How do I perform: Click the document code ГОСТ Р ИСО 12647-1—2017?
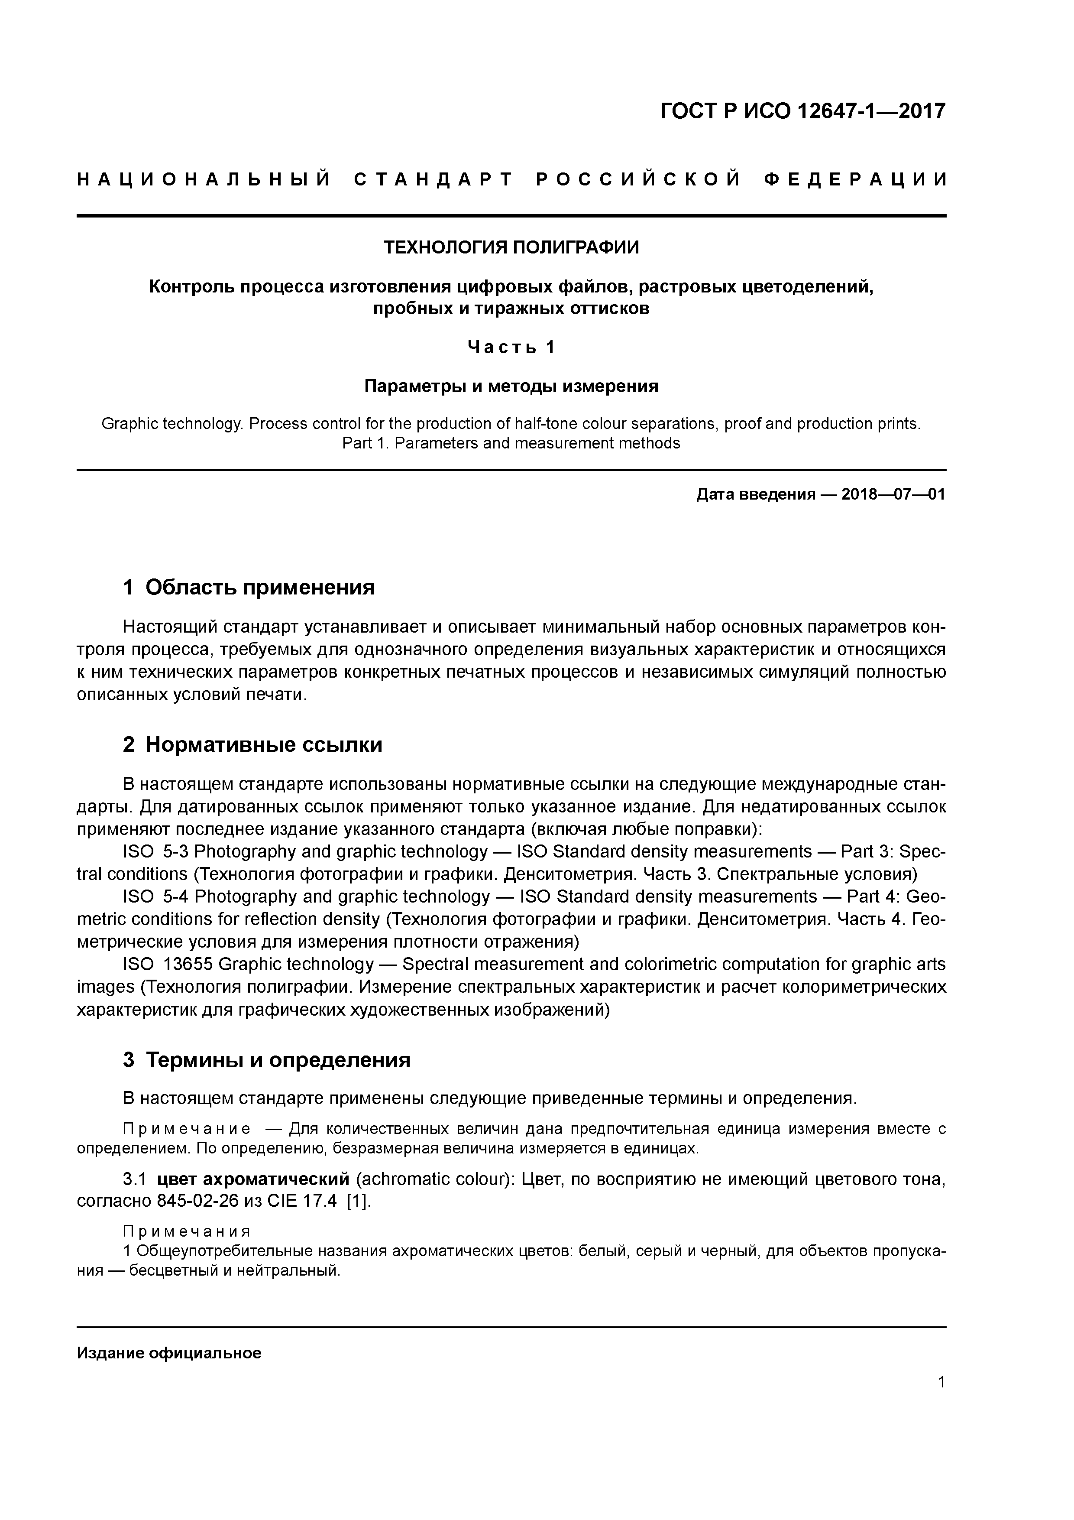(x=803, y=111)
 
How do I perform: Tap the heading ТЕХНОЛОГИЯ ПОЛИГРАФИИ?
(x=511, y=247)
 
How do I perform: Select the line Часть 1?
(x=511, y=347)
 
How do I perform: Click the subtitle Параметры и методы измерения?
(x=511, y=386)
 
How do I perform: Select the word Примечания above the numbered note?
(x=187, y=1231)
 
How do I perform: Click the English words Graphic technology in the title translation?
(x=171, y=424)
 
